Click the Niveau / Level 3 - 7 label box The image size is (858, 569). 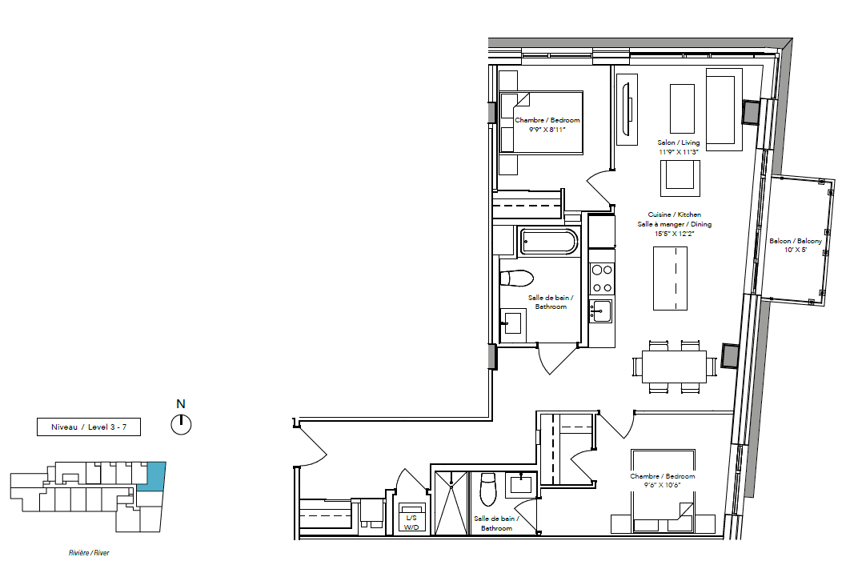[89, 427]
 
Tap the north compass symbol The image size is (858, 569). [181, 424]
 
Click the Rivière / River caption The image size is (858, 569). [89, 553]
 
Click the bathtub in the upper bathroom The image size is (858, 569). [548, 242]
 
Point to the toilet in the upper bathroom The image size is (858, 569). [516, 278]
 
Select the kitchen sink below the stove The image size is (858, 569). [601, 311]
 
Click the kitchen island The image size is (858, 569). [671, 278]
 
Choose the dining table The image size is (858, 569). [674, 367]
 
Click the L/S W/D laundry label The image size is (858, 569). [411, 523]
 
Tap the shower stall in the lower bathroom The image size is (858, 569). [451, 503]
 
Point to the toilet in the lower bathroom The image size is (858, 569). [488, 490]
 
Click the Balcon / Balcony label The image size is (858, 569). [796, 245]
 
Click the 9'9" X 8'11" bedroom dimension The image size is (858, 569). [547, 130]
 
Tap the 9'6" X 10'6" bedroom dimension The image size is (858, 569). [662, 485]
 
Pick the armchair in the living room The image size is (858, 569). [680, 178]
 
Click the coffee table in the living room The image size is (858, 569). [683, 108]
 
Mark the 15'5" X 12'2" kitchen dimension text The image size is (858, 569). [675, 234]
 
